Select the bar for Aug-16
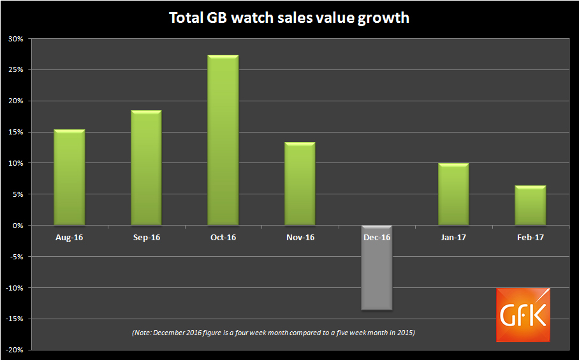coord(70,178)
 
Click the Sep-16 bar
coord(146,168)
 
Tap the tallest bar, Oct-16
coord(223,140)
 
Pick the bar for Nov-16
coord(300,184)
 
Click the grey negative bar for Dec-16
coord(376,268)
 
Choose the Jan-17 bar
coord(453,194)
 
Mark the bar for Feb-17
coord(530,206)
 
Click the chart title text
coord(289,18)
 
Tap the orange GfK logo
coord(523,315)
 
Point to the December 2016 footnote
coord(273,333)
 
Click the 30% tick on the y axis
coord(16,39)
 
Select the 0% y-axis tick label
coord(18,226)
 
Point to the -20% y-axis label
coord(15,350)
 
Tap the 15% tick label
coord(16,133)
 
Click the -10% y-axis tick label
coord(15,288)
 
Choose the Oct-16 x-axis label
coord(223,238)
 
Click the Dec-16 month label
coord(376,238)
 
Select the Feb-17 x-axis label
coord(530,238)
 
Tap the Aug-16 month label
coord(70,238)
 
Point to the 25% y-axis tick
coord(16,70)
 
